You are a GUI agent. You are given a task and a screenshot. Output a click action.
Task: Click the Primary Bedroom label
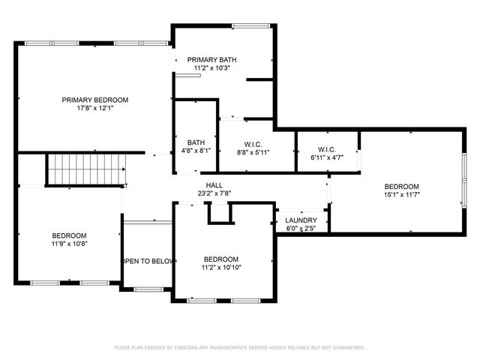94,100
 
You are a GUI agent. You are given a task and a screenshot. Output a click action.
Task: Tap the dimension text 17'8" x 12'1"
94,108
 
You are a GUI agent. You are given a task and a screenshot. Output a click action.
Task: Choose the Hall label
214,185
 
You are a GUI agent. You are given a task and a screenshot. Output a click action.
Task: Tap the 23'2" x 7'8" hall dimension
214,193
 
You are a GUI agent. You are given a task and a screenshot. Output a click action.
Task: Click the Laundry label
301,220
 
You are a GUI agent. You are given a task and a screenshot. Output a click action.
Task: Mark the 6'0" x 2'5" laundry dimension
301,228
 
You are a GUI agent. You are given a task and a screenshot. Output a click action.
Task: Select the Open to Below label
148,261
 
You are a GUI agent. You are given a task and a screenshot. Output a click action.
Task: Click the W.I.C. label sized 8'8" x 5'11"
253,144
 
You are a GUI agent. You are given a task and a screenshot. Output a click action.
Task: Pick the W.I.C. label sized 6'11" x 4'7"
326,149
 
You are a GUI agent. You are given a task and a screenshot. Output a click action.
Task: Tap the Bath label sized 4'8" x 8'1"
196,142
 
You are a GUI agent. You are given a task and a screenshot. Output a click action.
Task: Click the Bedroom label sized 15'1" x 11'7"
401,187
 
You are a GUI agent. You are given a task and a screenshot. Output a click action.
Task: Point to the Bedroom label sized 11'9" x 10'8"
69,235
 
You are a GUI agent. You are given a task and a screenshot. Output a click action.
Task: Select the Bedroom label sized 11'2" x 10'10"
221,259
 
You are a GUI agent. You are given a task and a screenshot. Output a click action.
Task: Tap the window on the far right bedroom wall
463,181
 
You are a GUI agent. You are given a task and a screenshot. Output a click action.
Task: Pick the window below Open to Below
148,289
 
